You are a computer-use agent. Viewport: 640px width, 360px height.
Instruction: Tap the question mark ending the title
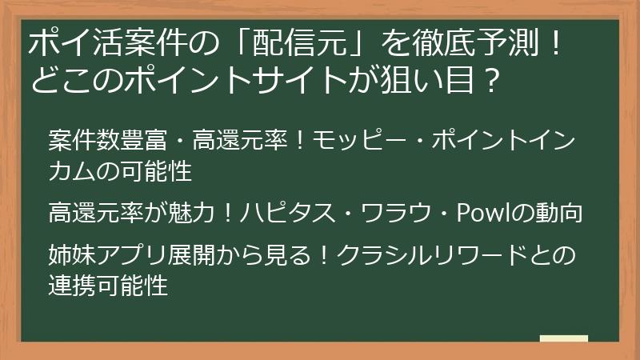(494, 81)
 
